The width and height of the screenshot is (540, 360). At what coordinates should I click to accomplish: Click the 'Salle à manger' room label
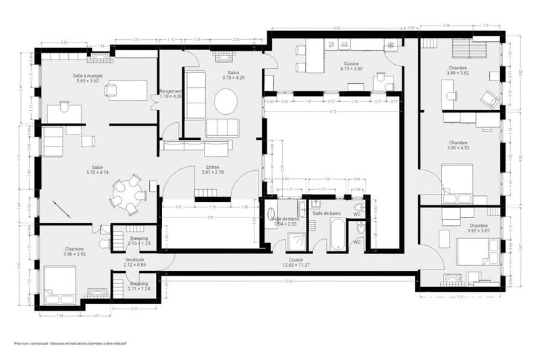pos(88,76)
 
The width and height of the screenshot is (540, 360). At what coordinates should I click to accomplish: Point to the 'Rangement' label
pos(171,92)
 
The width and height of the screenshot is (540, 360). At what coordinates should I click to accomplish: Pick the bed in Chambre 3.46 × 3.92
pos(59,285)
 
